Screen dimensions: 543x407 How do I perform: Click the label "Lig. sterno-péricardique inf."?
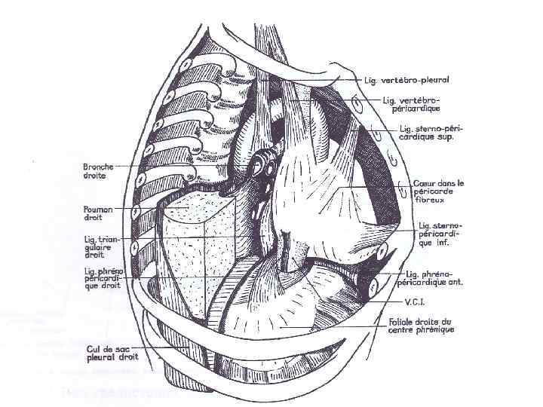440,234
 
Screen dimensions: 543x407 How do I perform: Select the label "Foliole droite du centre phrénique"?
422,326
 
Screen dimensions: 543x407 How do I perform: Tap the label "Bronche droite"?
99,170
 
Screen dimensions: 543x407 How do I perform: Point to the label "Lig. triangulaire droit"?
100,245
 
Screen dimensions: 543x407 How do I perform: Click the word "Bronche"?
99,165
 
